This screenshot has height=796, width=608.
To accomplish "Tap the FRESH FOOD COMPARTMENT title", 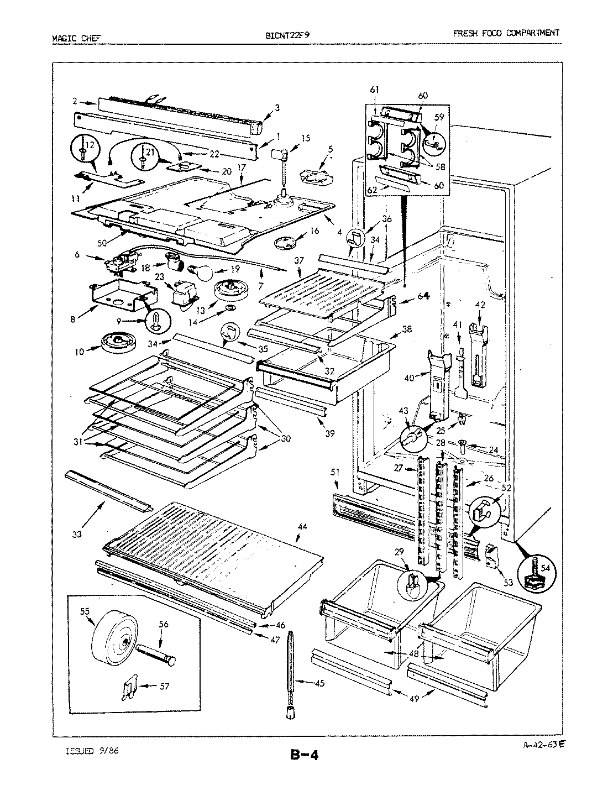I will pos(506,33).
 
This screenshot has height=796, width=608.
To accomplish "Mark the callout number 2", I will pos(75,101).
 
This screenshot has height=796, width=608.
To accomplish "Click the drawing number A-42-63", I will pos(539,744).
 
